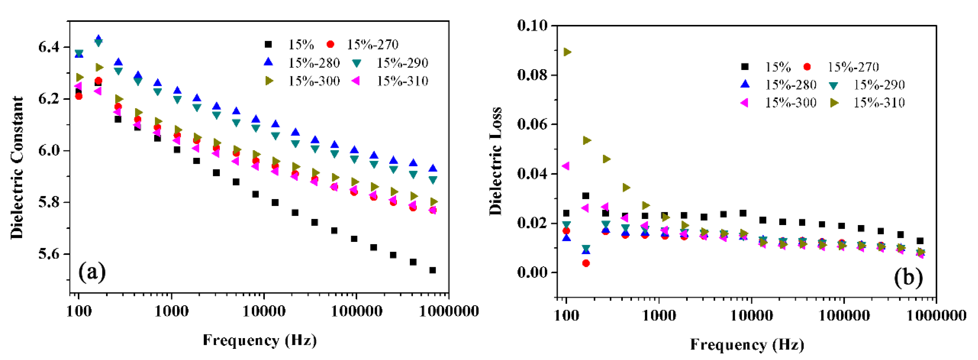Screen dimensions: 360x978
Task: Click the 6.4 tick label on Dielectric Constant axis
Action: pyautogui.click(x=49, y=47)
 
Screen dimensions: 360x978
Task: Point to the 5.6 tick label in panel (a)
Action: pyautogui.click(x=49, y=254)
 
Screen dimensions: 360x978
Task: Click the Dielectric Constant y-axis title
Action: pyautogui.click(x=17, y=167)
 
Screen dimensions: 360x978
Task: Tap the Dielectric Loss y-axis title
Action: pyautogui.click(x=495, y=162)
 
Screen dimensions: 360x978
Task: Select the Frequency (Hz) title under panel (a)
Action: pyautogui.click(x=260, y=340)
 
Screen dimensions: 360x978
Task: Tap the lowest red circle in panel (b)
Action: pyautogui.click(x=586, y=263)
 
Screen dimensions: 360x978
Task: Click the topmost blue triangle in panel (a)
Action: pyautogui.click(x=99, y=39)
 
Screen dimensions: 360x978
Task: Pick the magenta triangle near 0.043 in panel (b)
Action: pyautogui.click(x=566, y=166)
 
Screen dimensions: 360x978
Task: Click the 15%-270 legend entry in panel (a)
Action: pyautogui.click(x=372, y=45)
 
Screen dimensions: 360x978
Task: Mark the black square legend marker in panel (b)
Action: pyautogui.click(x=745, y=67)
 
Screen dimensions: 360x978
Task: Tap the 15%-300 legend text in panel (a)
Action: pyautogui.click(x=314, y=81)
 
